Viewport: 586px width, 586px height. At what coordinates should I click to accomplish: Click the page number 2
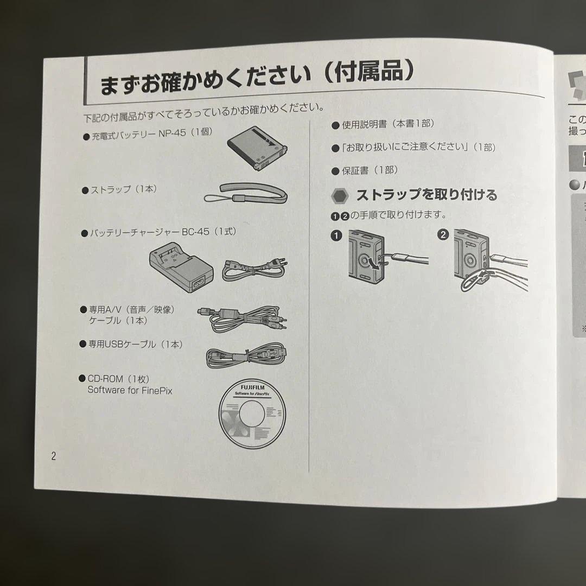tap(53, 456)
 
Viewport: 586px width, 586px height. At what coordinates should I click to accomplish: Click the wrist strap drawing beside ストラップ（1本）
tap(245, 193)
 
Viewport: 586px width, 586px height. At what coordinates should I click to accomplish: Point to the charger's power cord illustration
tap(254, 269)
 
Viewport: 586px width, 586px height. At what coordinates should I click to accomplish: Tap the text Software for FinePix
tap(130, 390)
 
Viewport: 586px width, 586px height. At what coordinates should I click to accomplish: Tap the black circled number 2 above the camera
tap(443, 235)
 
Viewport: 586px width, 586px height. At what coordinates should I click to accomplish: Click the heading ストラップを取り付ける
tap(426, 194)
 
